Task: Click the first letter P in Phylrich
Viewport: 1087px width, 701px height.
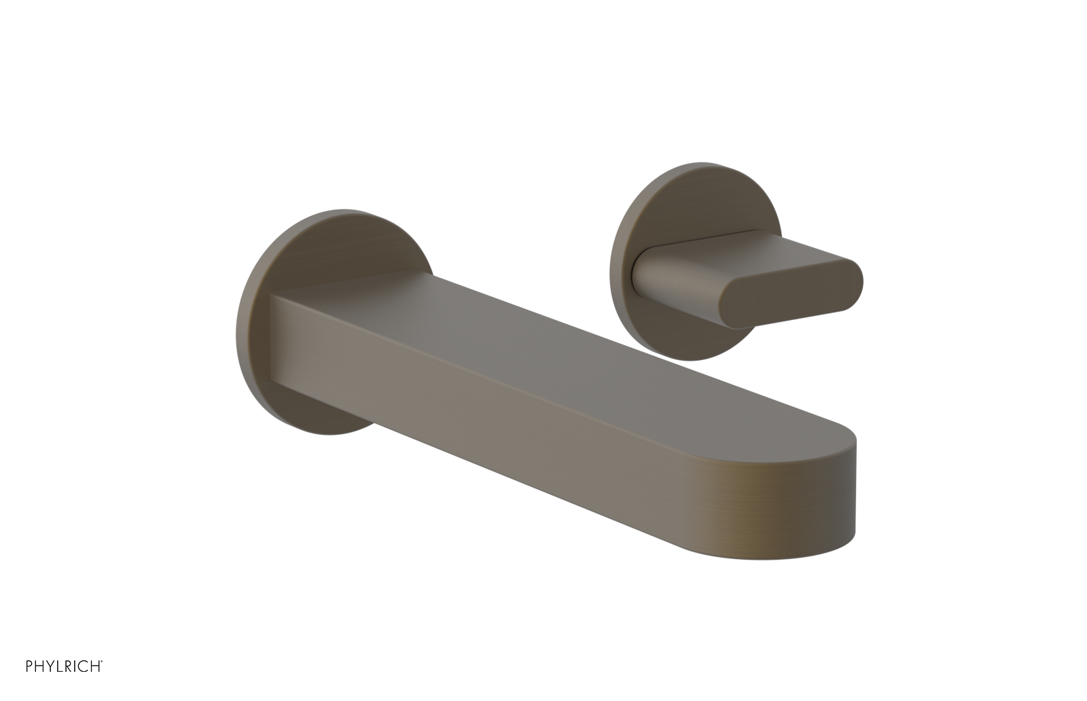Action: [x=29, y=666]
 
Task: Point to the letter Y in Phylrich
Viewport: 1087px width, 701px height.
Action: [x=50, y=666]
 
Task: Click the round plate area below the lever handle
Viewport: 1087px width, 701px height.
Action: [x=686, y=333]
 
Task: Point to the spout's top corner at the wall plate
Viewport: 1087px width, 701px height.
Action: [x=273, y=295]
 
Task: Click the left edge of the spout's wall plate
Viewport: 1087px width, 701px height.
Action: [x=239, y=326]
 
